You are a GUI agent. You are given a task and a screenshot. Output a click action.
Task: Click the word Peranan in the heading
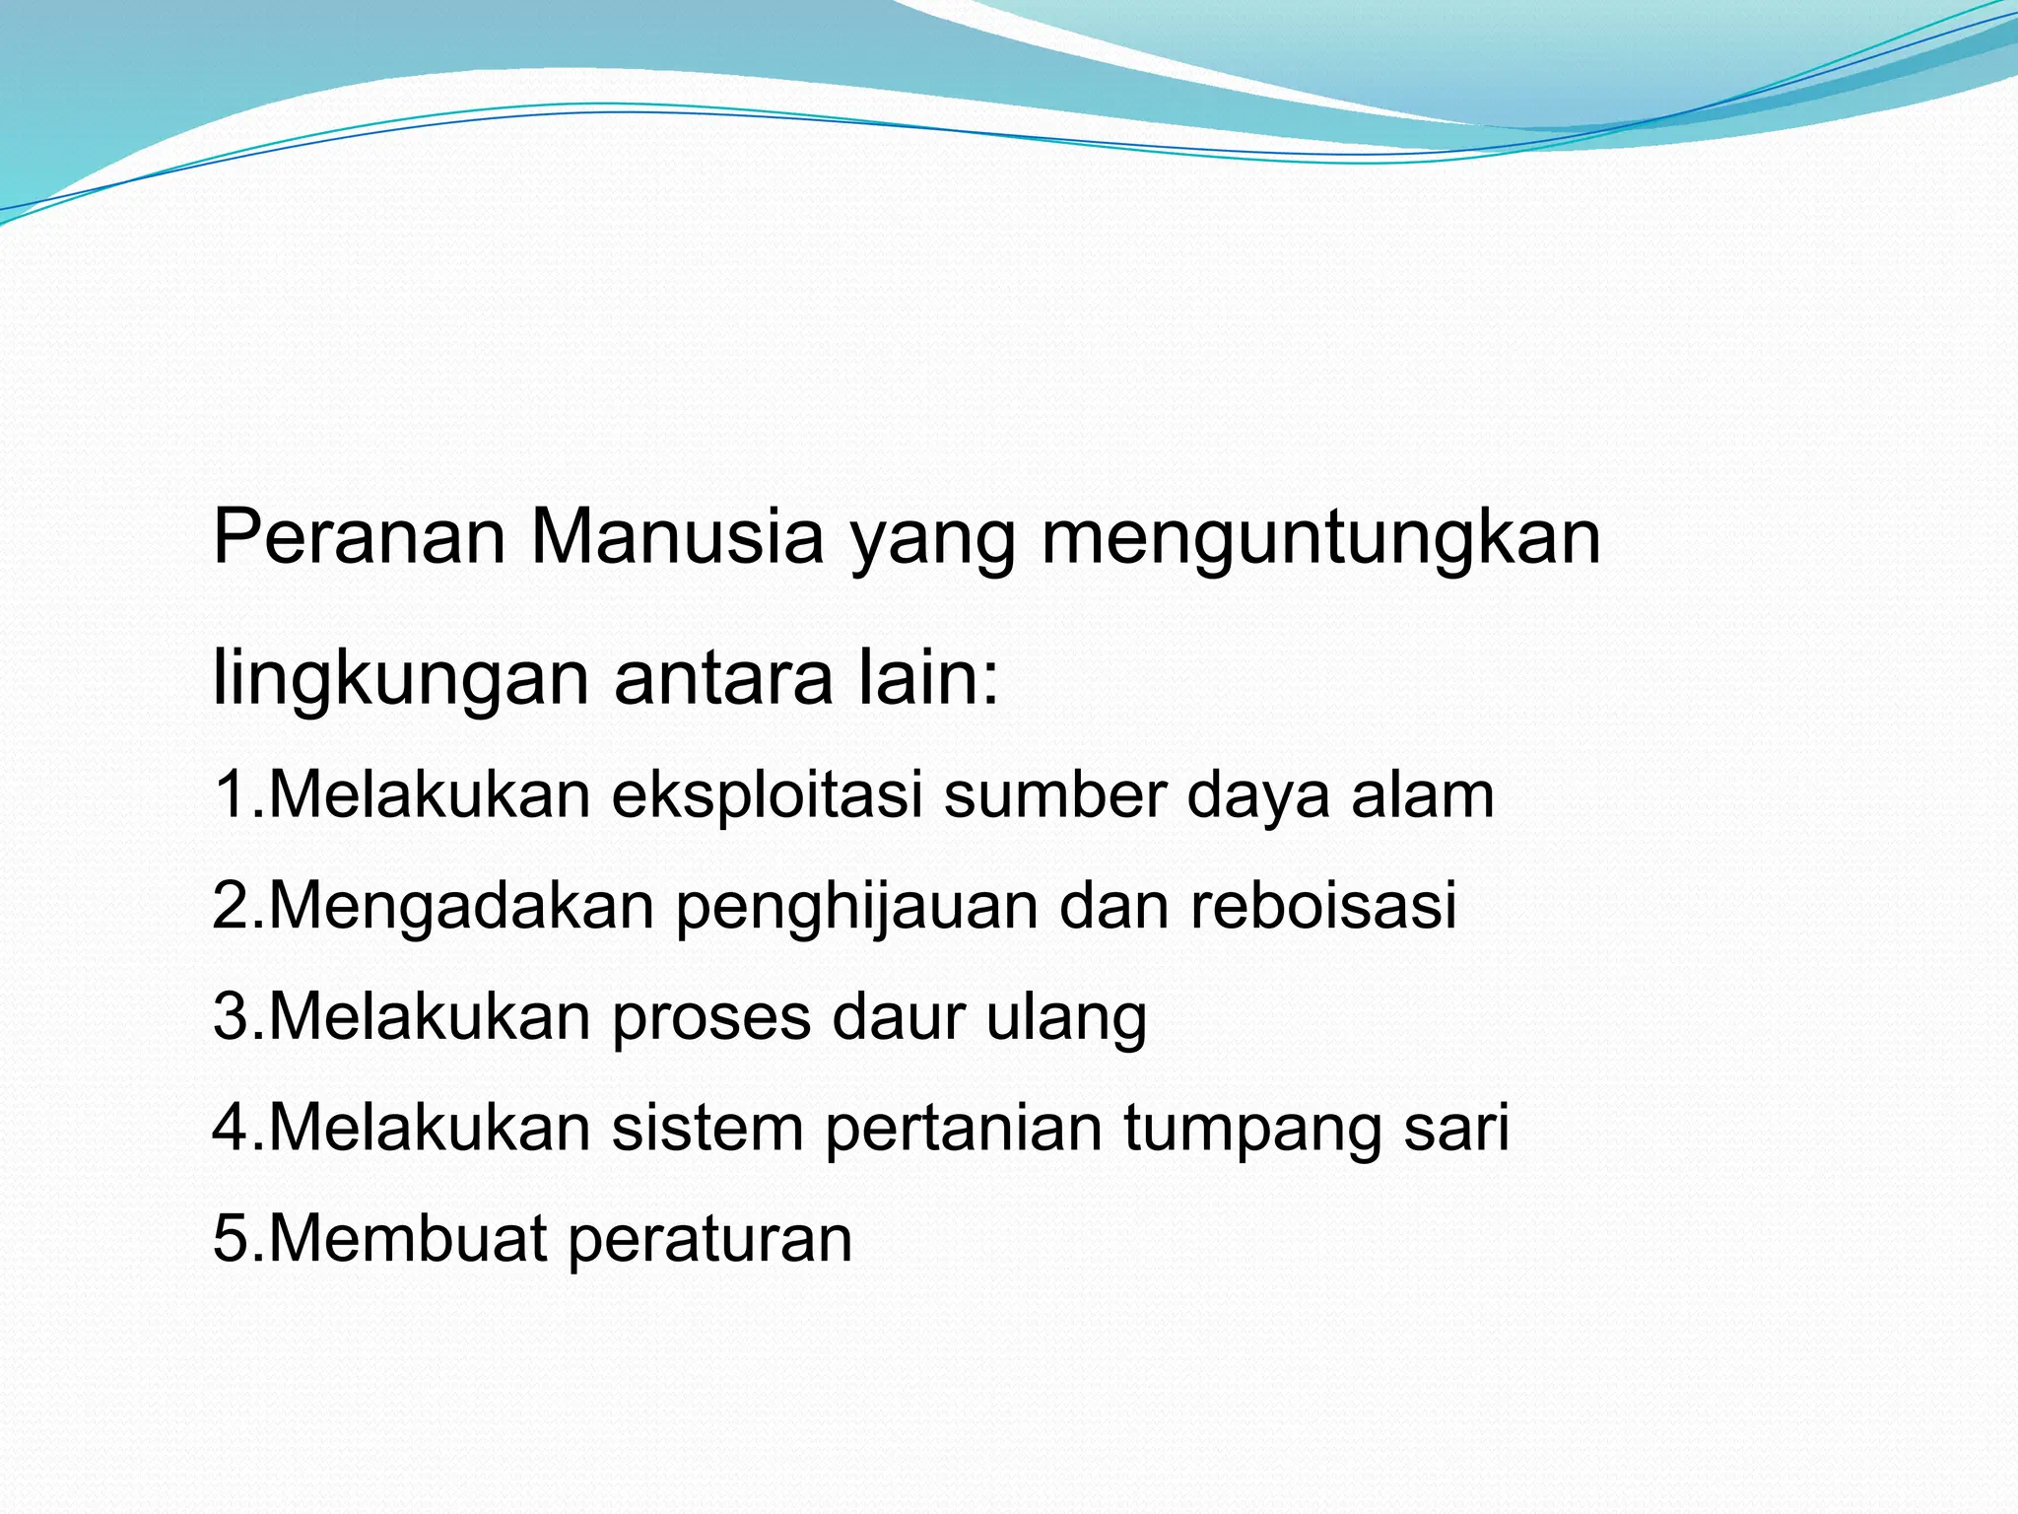[360, 537]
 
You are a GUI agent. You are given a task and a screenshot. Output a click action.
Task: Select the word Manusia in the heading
[677, 537]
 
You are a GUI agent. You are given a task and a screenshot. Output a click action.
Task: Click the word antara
[723, 678]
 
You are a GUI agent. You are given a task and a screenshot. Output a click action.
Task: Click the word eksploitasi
[767, 796]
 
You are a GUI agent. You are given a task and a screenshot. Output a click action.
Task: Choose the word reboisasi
[1323, 905]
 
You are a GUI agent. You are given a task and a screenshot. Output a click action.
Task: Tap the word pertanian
[964, 1129]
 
